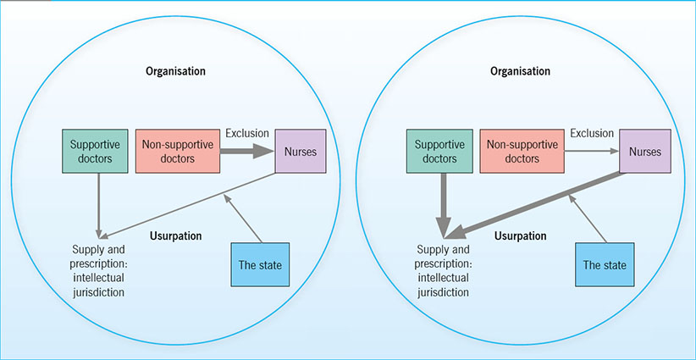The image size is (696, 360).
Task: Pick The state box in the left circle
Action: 258,263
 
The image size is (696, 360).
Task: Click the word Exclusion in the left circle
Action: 246,133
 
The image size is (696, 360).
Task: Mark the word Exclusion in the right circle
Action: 590,133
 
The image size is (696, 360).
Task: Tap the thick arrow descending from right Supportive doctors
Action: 441,203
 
